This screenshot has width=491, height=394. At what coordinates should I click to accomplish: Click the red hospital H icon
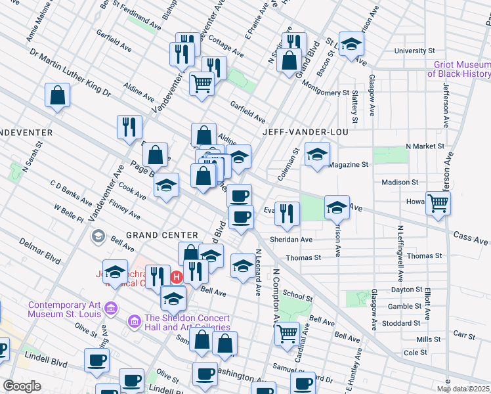coord(176,277)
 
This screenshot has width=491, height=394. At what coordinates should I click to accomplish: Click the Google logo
coord(22,386)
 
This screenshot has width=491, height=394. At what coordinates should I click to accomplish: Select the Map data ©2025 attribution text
coord(463,389)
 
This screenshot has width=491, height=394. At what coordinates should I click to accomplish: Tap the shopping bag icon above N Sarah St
coord(58,95)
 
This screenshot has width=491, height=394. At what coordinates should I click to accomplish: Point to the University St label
coord(414,51)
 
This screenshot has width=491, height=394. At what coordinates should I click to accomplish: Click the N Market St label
coord(425,146)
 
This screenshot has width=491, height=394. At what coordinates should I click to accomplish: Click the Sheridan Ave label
coord(291,240)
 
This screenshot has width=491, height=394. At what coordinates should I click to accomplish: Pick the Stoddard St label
coord(403,323)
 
